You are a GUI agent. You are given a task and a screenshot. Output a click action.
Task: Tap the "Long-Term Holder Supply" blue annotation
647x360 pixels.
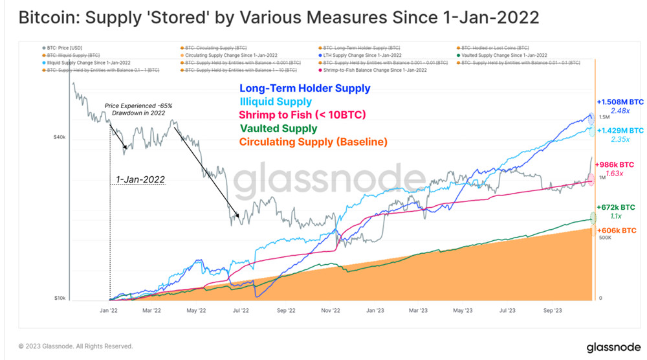[305, 88]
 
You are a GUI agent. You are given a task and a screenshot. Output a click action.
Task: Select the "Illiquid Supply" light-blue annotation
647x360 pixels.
[276, 102]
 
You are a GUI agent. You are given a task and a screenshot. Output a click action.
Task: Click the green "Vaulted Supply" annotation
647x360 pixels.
[278, 129]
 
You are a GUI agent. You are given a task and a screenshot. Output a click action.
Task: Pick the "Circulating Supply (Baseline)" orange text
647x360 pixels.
[313, 142]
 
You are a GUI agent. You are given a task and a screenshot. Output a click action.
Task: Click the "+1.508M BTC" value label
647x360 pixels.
[620, 101]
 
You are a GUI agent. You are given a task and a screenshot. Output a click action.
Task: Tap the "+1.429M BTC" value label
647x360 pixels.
[620, 130]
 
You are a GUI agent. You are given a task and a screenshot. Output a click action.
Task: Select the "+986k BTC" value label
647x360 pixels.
[617, 164]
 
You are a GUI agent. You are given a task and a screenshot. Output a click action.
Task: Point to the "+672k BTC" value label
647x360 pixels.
[617, 207]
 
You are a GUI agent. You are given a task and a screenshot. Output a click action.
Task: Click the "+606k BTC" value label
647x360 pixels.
[617, 231]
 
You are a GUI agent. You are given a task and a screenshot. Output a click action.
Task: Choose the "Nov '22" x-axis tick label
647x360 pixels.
[329, 311]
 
